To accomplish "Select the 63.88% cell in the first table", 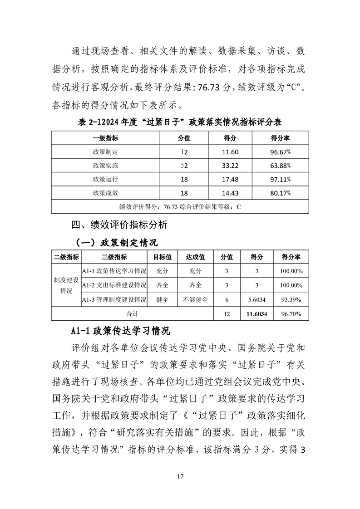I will click(280, 166).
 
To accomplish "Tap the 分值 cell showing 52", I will click(184, 166).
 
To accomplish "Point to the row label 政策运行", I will click(105, 179).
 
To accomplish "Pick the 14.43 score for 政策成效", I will click(232, 193).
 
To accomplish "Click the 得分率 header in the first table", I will click(280, 138).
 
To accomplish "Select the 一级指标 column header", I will click(105, 138).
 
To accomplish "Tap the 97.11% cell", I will click(280, 179).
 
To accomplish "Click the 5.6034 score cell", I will click(257, 299).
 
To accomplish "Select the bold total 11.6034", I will click(257, 313).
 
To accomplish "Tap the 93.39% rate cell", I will click(291, 299).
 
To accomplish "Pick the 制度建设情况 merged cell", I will click(66, 285).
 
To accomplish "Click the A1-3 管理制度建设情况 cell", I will click(114, 299).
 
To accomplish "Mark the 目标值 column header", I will click(162, 257).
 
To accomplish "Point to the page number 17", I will click(180, 476).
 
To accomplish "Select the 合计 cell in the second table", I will click(132, 313).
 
